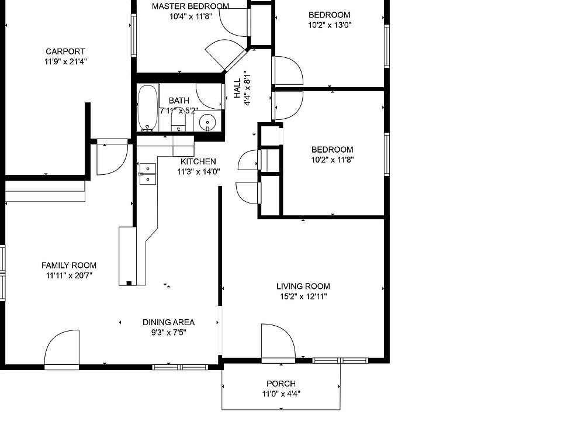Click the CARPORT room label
click(65, 51)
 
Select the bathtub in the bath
click(148, 108)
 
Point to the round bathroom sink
click(207, 123)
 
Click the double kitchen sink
click(147, 174)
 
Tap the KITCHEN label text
click(198, 161)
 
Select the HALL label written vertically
click(237, 89)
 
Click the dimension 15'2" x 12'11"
click(303, 296)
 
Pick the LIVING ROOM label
click(303, 286)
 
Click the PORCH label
click(281, 384)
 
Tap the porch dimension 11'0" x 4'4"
click(281, 394)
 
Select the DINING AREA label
click(168, 322)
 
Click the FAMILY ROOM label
click(68, 265)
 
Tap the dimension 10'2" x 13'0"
click(330, 25)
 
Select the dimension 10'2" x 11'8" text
click(332, 159)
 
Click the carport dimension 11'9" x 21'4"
click(65, 61)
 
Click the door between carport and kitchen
click(111, 157)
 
